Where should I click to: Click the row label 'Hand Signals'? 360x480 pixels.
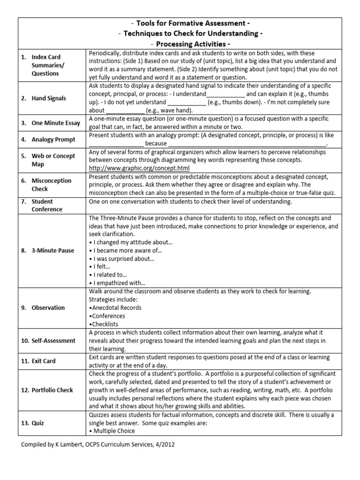(49, 98)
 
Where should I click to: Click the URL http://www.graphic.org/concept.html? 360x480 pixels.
(139, 168)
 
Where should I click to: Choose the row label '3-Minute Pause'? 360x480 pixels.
(52, 250)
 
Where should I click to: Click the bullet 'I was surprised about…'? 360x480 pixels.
(121, 258)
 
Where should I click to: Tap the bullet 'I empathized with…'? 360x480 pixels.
(117, 283)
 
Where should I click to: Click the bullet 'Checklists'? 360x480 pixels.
(105, 324)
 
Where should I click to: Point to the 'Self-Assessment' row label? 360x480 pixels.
(53, 340)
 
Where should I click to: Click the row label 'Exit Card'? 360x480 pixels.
(45, 361)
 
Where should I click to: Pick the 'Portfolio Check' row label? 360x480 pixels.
(52, 390)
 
